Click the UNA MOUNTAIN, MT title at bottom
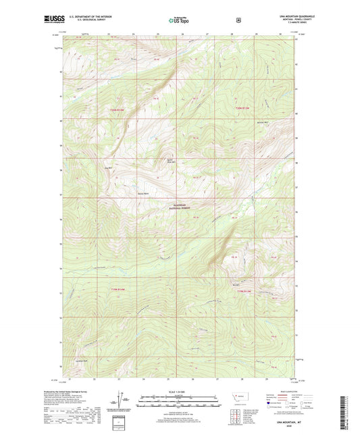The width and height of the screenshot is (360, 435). pyautogui.click(x=290, y=421)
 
